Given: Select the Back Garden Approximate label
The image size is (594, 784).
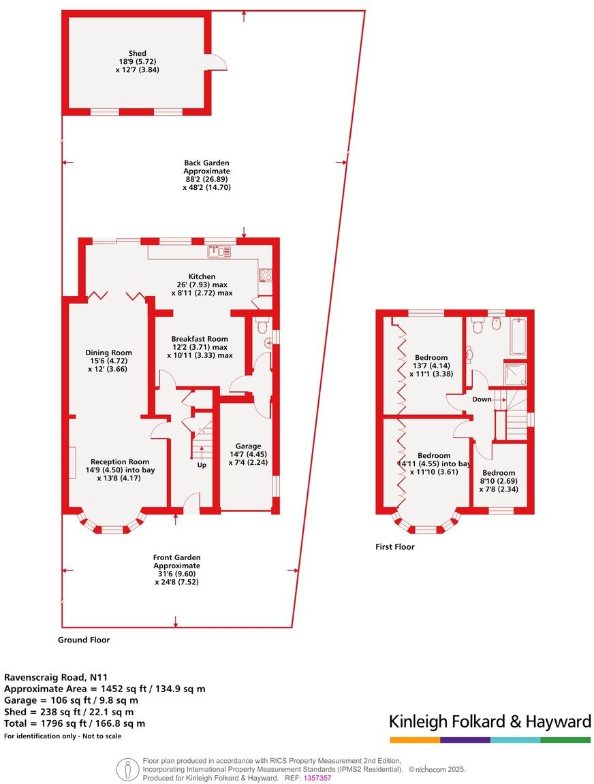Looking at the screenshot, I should [x=206, y=175].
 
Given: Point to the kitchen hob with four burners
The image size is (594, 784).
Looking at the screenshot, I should [x=265, y=276].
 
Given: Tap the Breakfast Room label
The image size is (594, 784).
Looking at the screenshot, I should [x=200, y=346].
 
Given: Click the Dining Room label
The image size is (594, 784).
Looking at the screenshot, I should [x=108, y=361].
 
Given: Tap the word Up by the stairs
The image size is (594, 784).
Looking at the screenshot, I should [x=202, y=466].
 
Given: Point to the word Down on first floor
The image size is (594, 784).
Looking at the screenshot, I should [x=482, y=399].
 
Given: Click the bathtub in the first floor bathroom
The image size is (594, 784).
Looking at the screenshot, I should [x=517, y=336].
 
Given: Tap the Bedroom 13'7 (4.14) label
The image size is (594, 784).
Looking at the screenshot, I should [x=431, y=365].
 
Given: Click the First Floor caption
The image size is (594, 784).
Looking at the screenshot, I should [x=395, y=546].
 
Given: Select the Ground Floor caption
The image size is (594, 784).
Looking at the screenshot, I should [x=84, y=640].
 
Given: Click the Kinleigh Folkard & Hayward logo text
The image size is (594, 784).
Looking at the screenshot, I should [x=489, y=721].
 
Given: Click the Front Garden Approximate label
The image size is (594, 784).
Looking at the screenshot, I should [x=176, y=569].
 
